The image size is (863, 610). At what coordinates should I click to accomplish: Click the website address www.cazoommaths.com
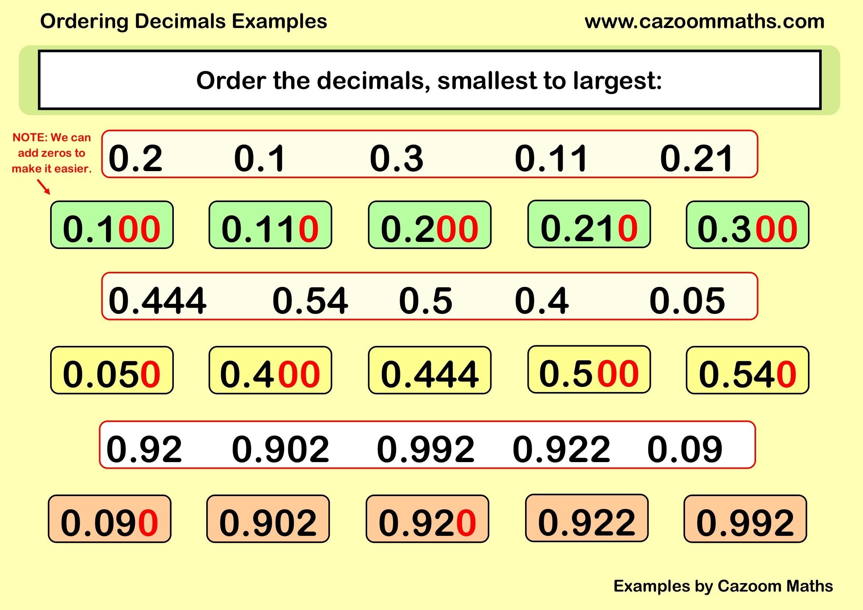[x=704, y=21]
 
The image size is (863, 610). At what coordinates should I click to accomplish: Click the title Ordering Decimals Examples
[x=183, y=21]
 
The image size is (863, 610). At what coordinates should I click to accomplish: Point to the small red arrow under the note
[x=44, y=187]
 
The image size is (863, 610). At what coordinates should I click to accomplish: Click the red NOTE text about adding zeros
[x=52, y=153]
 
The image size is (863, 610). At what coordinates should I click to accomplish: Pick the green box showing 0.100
[x=112, y=225]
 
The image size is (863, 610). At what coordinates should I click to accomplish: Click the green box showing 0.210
[x=589, y=224]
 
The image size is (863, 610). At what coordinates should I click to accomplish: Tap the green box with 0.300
[x=747, y=225]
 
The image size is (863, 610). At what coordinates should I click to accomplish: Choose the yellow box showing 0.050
[x=112, y=370]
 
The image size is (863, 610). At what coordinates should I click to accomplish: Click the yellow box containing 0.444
[x=429, y=370]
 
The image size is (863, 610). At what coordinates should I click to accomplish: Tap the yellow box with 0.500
[x=589, y=370]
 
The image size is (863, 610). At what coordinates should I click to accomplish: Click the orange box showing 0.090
[x=109, y=519]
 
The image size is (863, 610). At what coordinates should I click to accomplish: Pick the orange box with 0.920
[x=427, y=519]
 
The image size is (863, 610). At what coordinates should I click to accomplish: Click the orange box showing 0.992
[x=745, y=519]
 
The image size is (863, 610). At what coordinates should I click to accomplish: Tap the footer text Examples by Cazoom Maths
[x=723, y=586]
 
